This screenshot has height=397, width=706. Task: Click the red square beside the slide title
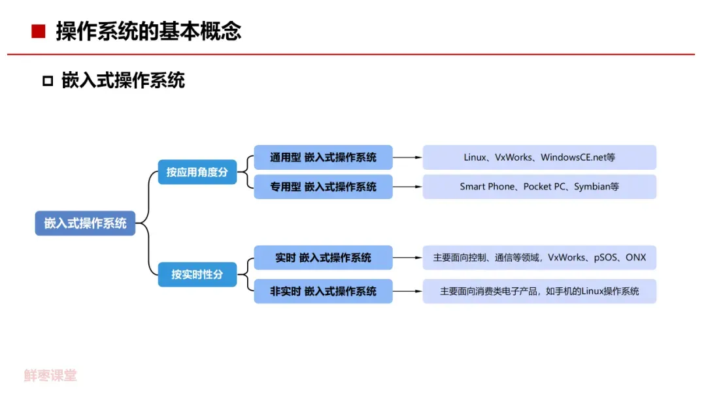(x=39, y=31)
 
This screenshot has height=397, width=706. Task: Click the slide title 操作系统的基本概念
(x=148, y=31)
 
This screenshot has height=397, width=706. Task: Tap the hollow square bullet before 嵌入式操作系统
(x=47, y=81)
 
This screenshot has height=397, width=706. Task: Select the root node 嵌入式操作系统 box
(x=85, y=223)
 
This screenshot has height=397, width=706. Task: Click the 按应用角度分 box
(x=197, y=172)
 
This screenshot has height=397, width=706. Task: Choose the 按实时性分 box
(x=197, y=274)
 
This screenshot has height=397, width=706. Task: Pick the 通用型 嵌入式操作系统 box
(x=323, y=157)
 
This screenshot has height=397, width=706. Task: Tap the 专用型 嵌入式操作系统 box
(x=323, y=187)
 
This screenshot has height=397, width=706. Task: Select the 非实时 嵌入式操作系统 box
(x=323, y=291)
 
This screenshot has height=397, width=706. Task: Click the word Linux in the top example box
(x=475, y=157)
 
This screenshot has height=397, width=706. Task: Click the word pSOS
(x=605, y=257)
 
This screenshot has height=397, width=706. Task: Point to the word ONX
(x=635, y=257)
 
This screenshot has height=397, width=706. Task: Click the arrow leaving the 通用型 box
(x=408, y=157)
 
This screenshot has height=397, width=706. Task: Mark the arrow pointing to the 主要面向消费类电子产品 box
(x=408, y=291)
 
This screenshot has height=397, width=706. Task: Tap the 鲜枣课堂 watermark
(x=50, y=375)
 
